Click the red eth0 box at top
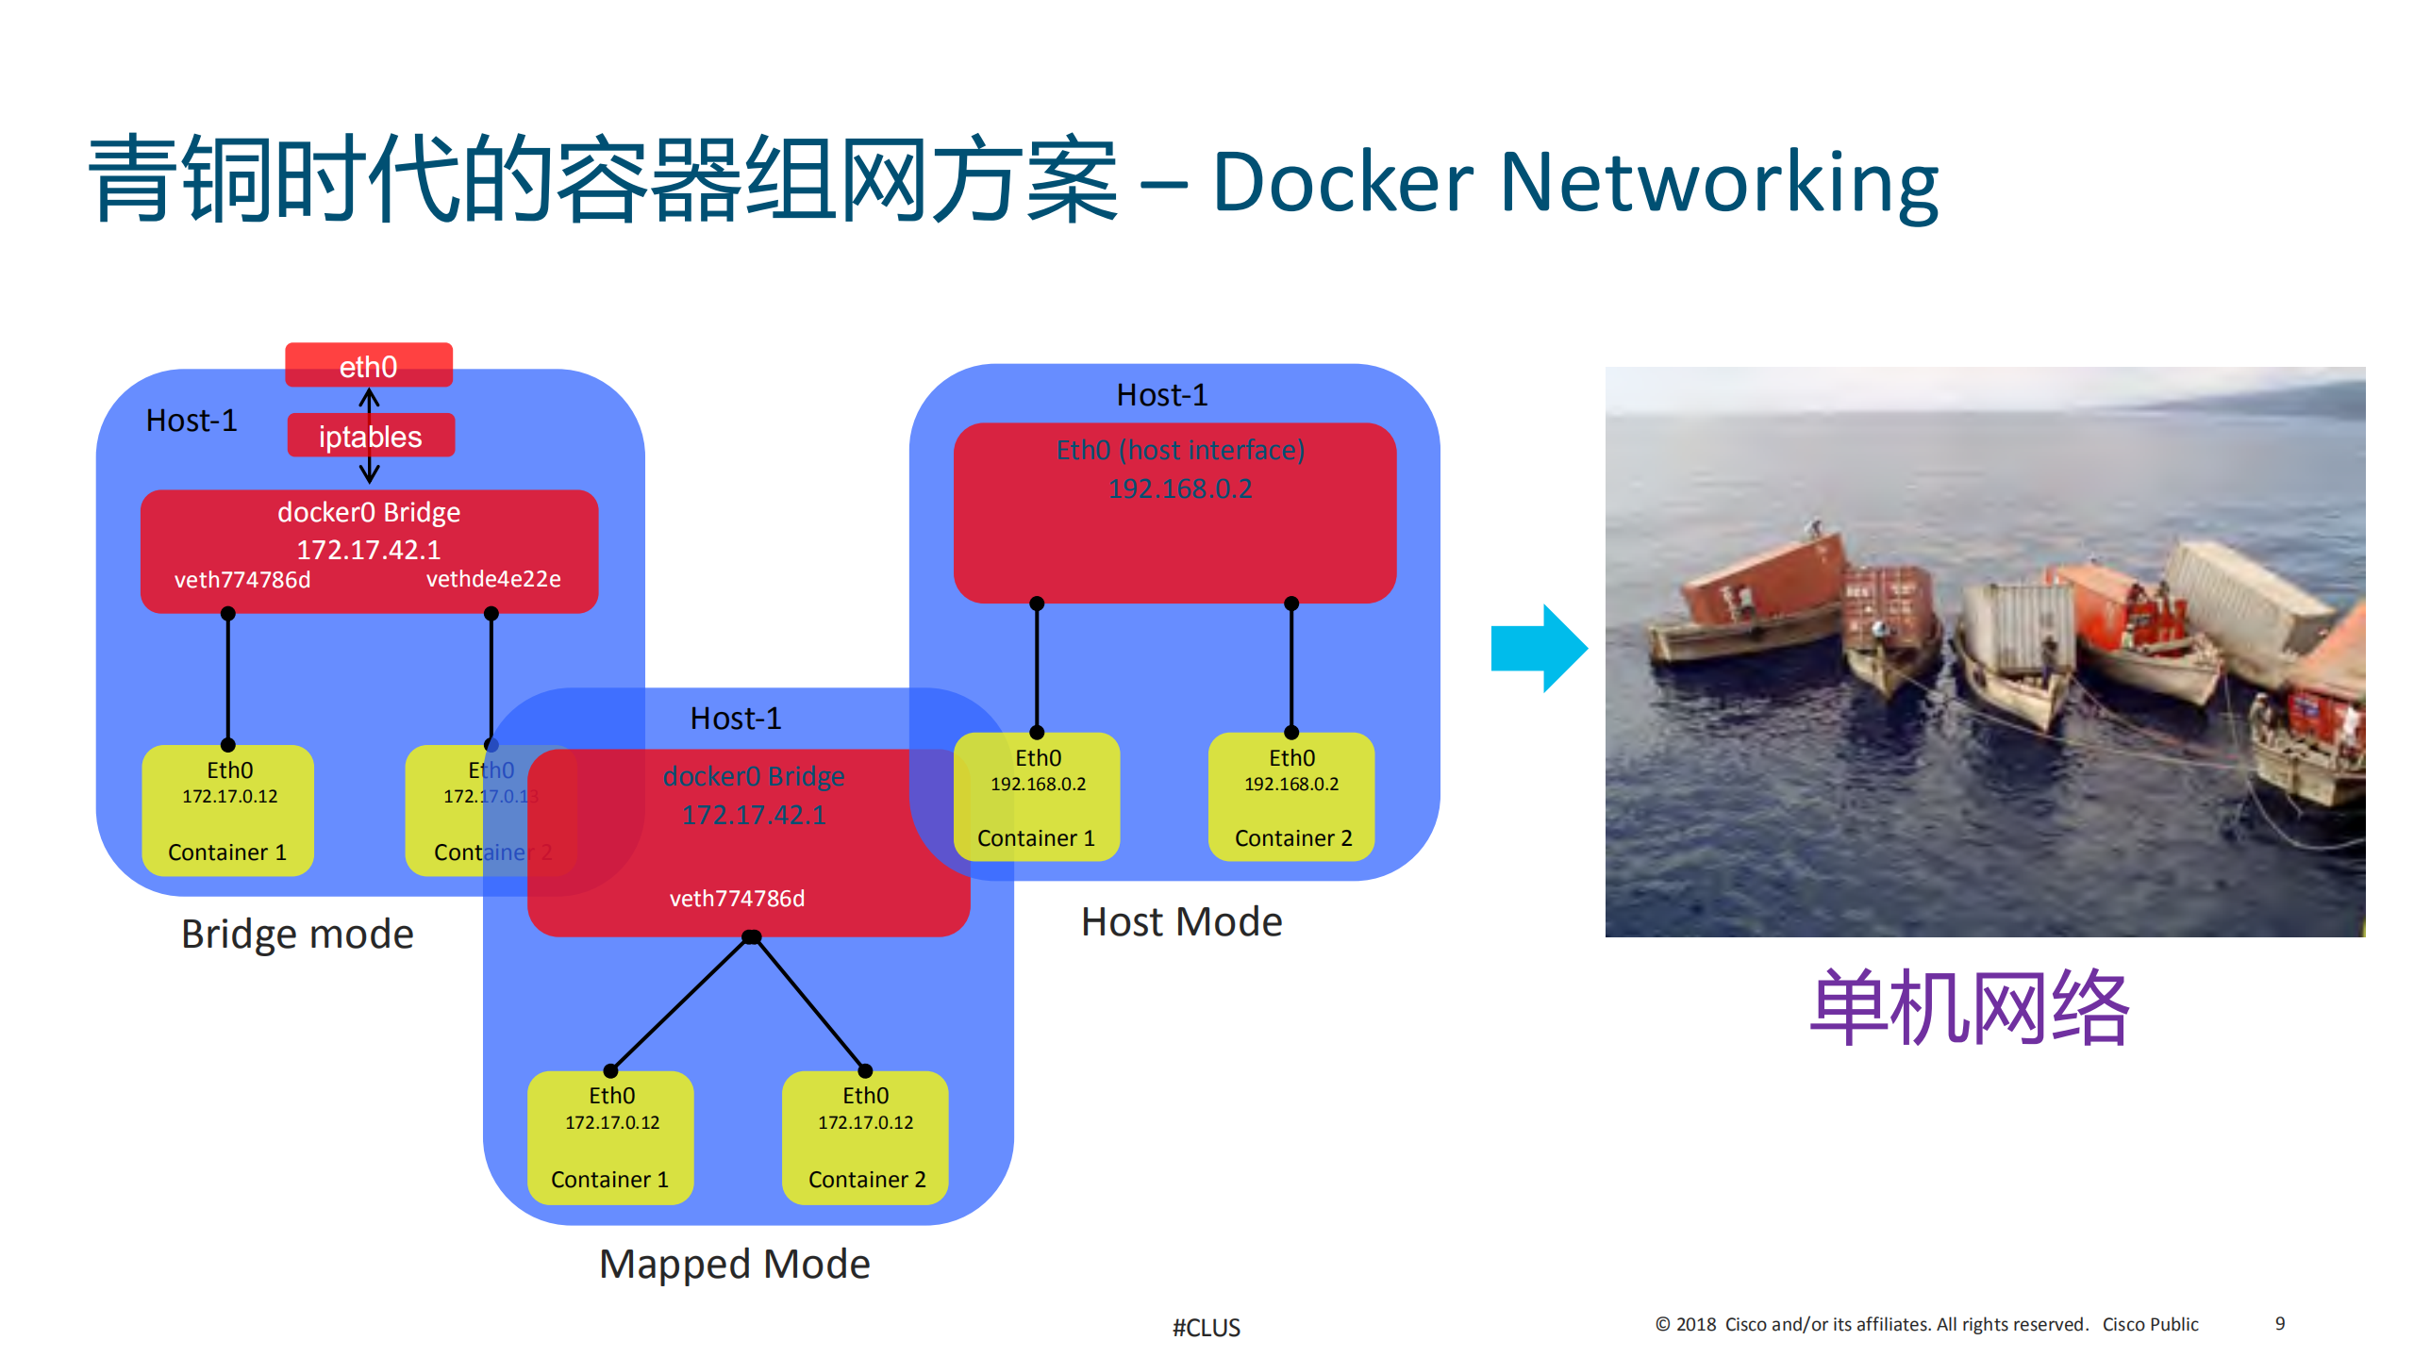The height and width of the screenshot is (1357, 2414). point(369,366)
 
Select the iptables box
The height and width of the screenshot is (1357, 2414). point(371,436)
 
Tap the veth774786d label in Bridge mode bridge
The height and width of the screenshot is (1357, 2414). point(242,579)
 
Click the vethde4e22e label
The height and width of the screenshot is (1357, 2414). point(493,578)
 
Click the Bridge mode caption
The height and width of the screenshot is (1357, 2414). point(297,934)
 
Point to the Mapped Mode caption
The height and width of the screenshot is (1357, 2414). point(734,1264)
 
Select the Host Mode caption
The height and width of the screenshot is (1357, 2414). point(1181,921)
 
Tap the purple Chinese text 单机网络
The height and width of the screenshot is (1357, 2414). point(1969,1008)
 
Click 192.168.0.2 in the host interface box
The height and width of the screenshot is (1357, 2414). point(1180,488)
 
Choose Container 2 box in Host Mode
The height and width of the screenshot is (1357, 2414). point(1291,798)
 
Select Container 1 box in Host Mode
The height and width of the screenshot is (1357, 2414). point(1037,798)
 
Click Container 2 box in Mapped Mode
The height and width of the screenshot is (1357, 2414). point(865,1137)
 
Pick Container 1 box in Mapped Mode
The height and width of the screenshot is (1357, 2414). point(610,1137)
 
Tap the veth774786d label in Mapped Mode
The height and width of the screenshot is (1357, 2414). point(737,898)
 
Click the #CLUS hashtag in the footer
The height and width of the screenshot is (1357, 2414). point(1206,1328)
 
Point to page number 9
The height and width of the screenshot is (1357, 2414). point(2279,1323)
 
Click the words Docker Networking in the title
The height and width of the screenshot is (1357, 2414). point(1574,182)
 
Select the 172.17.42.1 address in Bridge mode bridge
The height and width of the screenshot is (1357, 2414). point(369,549)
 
